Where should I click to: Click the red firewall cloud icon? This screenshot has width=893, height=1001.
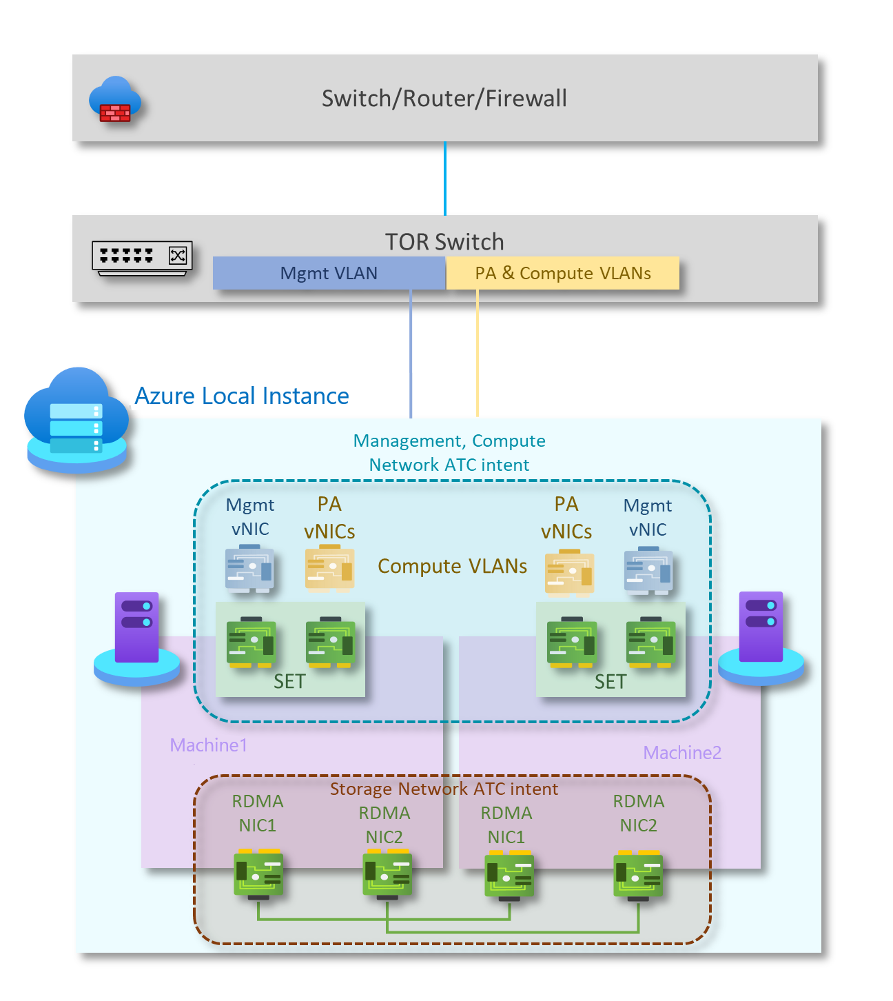114,101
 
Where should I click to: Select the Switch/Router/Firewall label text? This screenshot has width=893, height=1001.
444,99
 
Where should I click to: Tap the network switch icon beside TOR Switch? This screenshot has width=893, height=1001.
142,258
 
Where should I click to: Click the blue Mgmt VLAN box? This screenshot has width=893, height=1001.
329,273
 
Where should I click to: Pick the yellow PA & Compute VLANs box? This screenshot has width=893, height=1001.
562,273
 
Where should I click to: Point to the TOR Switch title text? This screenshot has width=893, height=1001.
444,242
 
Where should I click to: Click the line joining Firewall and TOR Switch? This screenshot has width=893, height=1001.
445,179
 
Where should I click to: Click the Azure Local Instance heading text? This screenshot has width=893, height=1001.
242,396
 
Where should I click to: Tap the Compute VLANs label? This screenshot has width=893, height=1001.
452,566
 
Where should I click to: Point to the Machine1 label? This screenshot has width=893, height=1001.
208,745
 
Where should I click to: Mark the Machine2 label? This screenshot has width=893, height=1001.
682,753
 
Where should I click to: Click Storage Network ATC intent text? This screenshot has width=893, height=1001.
444,789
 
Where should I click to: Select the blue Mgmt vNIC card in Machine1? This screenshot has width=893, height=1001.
249,569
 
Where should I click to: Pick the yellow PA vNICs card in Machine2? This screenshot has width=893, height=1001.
569,572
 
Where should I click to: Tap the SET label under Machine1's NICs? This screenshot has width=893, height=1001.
289,682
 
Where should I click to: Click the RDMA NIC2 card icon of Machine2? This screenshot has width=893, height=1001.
638,876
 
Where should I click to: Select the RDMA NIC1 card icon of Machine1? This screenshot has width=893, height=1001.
258,874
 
